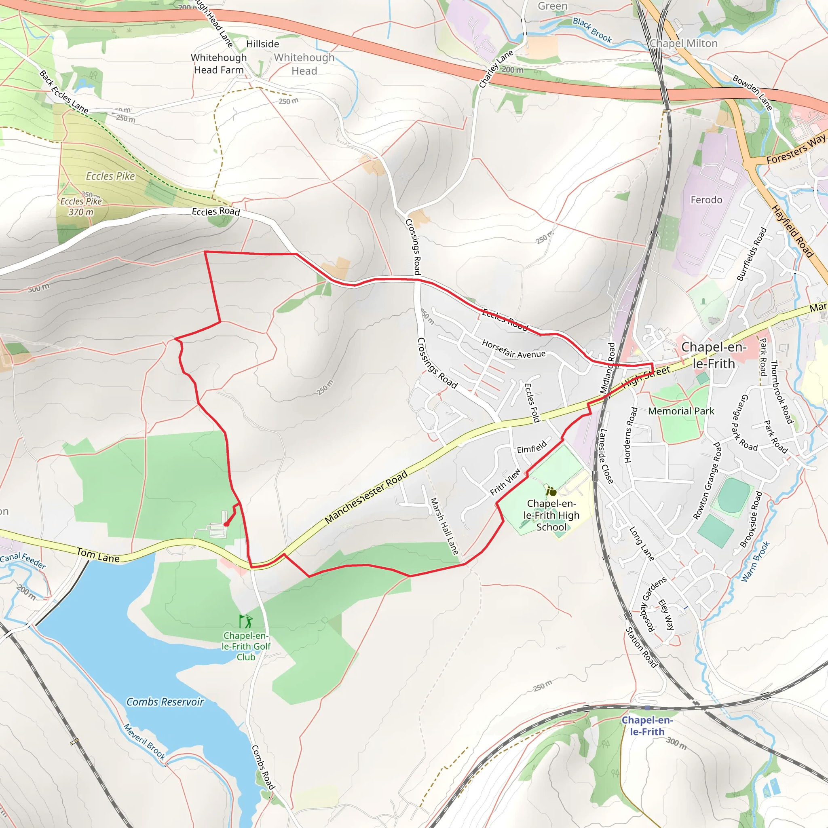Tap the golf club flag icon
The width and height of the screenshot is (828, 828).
[x=245, y=621]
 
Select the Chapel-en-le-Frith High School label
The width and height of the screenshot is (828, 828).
[x=551, y=515]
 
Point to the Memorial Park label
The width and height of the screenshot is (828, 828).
[x=681, y=412]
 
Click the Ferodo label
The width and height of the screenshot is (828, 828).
[x=706, y=200]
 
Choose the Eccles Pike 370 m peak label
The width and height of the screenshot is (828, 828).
[x=81, y=207]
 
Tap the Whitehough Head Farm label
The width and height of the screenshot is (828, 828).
[x=219, y=63]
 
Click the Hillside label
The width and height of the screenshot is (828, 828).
[x=262, y=44]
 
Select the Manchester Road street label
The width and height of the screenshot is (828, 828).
[x=366, y=498]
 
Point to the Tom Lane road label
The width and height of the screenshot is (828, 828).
[x=98, y=556]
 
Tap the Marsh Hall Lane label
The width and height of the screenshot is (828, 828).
[x=444, y=526]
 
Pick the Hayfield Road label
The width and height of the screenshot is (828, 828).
[x=792, y=231]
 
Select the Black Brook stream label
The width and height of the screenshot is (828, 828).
[x=592, y=30]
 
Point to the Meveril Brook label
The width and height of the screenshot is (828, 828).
[x=144, y=742]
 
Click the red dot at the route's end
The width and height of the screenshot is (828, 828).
[x=226, y=524]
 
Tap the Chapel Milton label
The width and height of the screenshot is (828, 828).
[x=683, y=44]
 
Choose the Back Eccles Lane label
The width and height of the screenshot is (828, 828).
[x=64, y=92]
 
